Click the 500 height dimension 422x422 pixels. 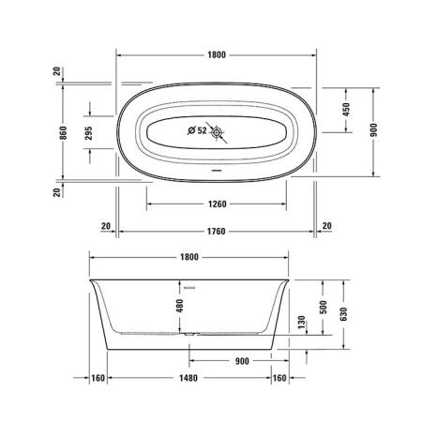pos(324,309)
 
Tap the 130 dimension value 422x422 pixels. pos(300,324)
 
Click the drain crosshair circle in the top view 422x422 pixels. pos(219,133)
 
